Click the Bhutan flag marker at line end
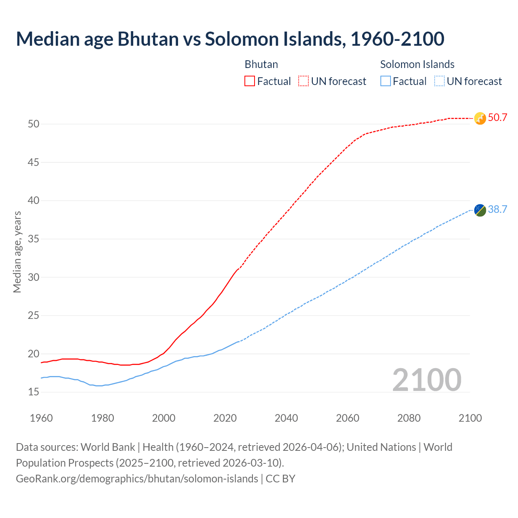coord(480,118)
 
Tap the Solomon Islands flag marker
coord(480,210)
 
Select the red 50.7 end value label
coord(497,118)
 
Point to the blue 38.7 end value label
coord(497,209)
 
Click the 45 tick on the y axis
coord(34,162)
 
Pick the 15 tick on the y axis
coord(34,392)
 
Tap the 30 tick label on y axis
coord(34,277)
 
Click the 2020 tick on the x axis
coord(225,418)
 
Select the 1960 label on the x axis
coord(41,418)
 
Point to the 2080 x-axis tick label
coord(409,418)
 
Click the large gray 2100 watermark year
coord(427,380)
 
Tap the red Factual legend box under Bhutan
coord(250,81)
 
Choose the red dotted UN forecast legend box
coord(304,81)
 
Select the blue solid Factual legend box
coord(386,81)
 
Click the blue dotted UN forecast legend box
coord(439,81)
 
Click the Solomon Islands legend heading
coord(417,64)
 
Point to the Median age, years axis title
coord(17,252)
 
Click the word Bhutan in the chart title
coord(148,39)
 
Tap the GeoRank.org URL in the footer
coord(137,478)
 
